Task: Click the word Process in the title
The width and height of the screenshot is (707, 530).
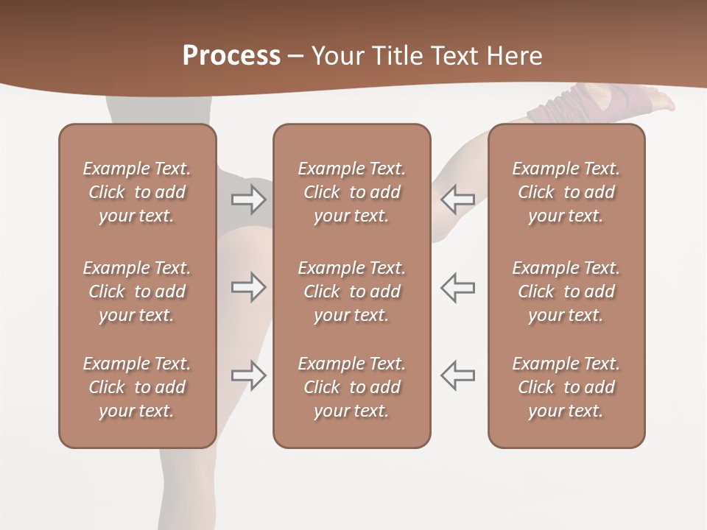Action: [x=231, y=56]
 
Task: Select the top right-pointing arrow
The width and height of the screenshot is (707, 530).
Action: [x=248, y=198]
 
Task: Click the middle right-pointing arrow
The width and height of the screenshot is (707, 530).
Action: [x=248, y=287]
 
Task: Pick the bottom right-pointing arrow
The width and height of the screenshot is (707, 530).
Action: [x=248, y=375]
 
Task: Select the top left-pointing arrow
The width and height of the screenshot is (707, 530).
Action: [x=457, y=198]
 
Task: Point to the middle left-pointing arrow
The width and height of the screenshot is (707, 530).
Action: [x=457, y=287]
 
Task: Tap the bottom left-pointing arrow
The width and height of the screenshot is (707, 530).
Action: [x=457, y=375]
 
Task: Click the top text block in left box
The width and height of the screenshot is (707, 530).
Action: [x=137, y=192]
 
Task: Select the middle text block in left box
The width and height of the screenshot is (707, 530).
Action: [x=137, y=291]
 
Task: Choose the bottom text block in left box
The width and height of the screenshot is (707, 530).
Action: [x=137, y=387]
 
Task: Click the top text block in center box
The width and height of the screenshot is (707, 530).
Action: [x=351, y=192]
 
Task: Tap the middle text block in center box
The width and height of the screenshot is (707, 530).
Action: [x=351, y=291]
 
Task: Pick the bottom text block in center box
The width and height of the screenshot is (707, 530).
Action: [x=351, y=387]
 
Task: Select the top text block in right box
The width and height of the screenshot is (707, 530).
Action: [x=566, y=192]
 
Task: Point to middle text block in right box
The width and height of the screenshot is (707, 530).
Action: [x=566, y=291]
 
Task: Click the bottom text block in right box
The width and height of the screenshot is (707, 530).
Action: [x=566, y=387]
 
